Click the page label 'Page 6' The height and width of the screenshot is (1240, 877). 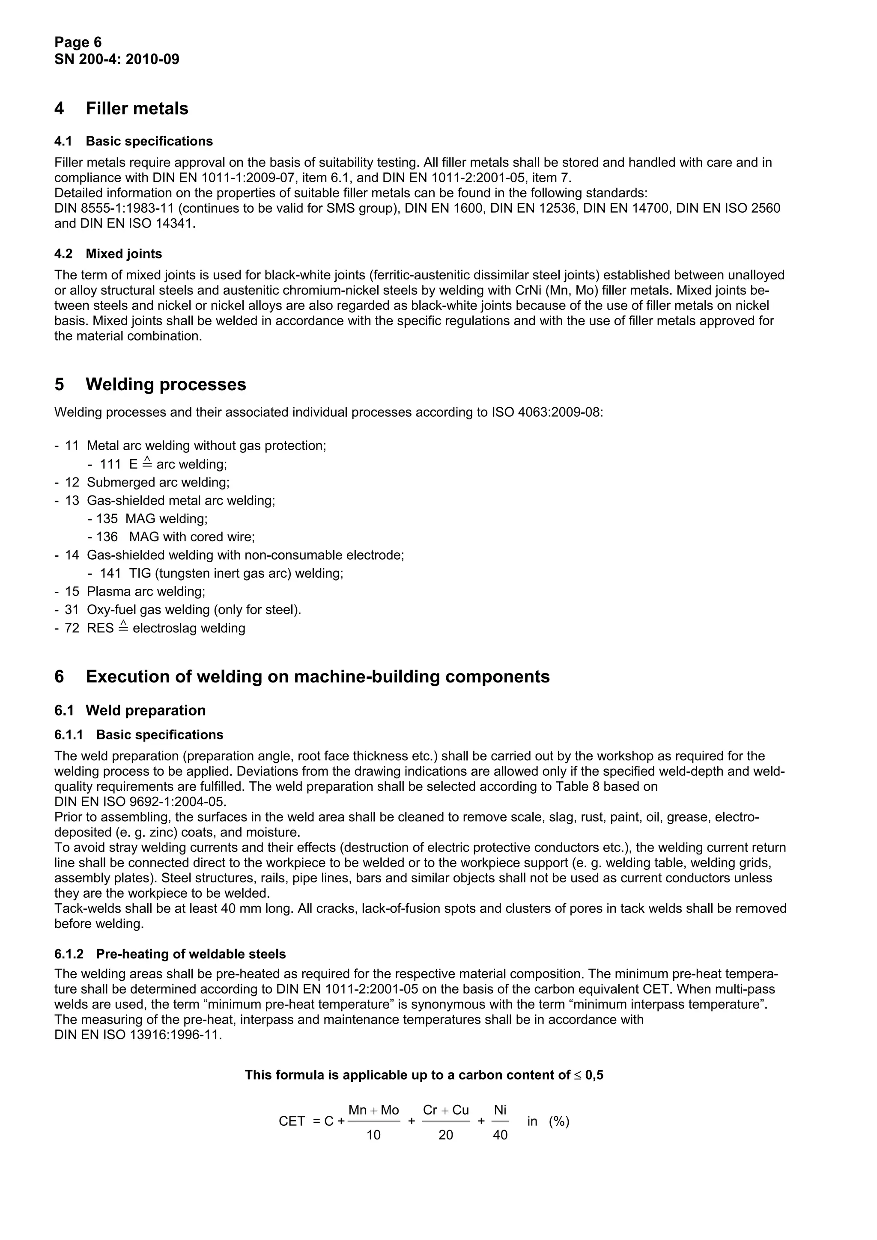click(78, 42)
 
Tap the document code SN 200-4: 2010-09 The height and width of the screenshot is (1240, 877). click(117, 59)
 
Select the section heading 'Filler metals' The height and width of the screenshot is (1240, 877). click(137, 109)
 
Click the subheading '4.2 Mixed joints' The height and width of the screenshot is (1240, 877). click(108, 254)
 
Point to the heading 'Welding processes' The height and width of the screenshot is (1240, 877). click(165, 385)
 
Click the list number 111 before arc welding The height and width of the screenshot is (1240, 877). click(110, 464)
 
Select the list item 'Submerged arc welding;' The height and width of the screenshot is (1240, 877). click(158, 482)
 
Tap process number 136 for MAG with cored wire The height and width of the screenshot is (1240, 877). click(107, 537)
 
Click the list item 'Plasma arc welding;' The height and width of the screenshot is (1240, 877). click(146, 591)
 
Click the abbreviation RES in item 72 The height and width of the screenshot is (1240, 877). click(100, 628)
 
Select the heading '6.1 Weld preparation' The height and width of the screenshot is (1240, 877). click(130, 711)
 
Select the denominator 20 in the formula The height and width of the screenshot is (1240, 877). click(445, 1135)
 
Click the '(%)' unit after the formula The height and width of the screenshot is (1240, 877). click(559, 1122)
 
